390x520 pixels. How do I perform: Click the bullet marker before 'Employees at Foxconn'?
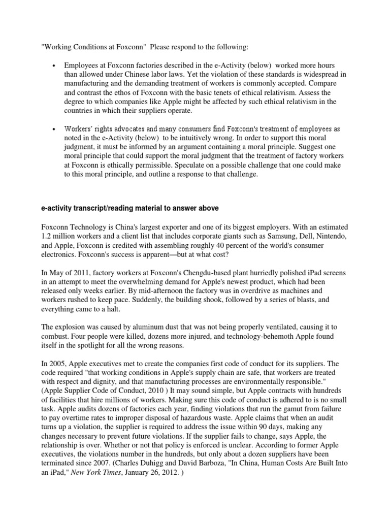pyautogui.click(x=53, y=66)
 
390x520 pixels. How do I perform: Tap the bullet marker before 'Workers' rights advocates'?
pyautogui.click(x=53, y=129)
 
